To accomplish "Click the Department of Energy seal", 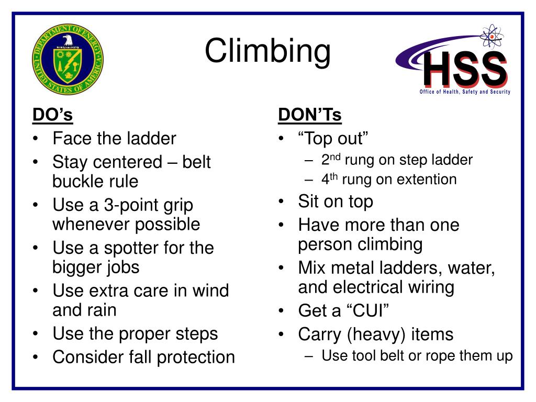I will pyautogui.click(x=68, y=59).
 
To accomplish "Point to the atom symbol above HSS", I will pyautogui.click(x=491, y=37).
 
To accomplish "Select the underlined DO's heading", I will pyautogui.click(x=52, y=115).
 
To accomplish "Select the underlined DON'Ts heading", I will pyautogui.click(x=310, y=115).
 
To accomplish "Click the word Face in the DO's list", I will pyautogui.click(x=72, y=139).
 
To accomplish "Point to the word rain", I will pyautogui.click(x=99, y=310).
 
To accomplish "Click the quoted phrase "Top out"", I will pyautogui.click(x=333, y=139).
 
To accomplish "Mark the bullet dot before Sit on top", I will pyautogui.click(x=282, y=202).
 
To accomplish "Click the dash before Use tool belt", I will pyautogui.click(x=309, y=356).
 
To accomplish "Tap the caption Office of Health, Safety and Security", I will pyautogui.click(x=465, y=92).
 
